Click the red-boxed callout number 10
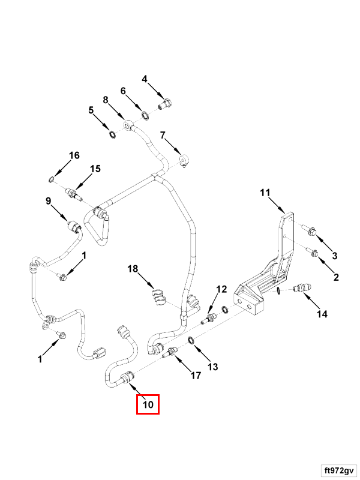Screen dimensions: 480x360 coord(148,405)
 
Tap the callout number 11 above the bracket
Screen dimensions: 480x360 coord(265,193)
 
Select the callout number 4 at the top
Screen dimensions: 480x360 coord(145,79)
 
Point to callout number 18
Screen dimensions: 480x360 coord(133,269)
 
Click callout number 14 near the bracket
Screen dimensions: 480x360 coord(323,314)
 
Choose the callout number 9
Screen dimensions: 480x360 coord(49,202)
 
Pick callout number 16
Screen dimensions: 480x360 coord(74,156)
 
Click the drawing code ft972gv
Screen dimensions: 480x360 coord(337,468)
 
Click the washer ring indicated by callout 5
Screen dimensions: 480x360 coord(112,133)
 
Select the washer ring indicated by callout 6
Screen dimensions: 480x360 coord(145,114)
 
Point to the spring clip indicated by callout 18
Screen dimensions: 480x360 coord(157,296)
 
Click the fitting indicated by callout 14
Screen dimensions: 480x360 coord(302,289)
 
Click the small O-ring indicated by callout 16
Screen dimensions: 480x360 coord(53,179)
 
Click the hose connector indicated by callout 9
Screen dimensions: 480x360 coord(74,227)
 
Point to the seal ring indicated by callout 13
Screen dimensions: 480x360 coord(190,341)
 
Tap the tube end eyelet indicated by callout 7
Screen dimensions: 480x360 coord(184,159)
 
